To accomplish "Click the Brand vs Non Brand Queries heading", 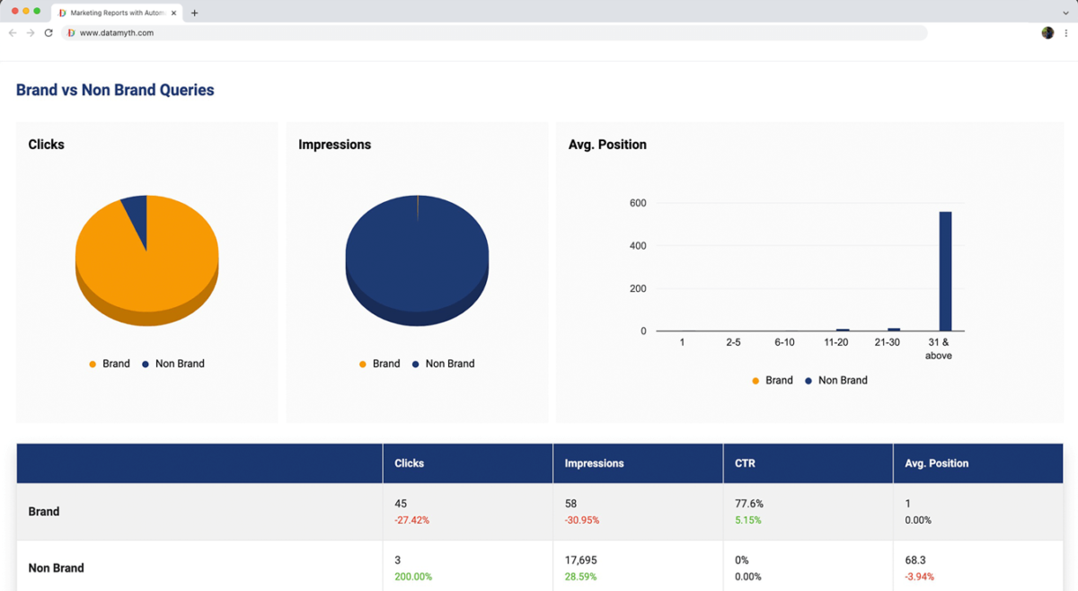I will click(x=115, y=90).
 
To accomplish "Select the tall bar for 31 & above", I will click(x=945, y=271).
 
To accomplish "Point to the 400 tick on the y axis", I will click(x=637, y=246).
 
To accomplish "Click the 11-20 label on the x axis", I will click(x=836, y=342).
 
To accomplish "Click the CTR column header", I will click(x=745, y=463).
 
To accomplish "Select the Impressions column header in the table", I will click(x=594, y=463).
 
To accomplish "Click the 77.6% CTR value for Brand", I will click(x=749, y=504).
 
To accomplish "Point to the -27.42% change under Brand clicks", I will click(x=411, y=520).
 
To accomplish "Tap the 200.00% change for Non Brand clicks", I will click(x=414, y=577).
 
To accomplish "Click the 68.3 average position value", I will click(x=915, y=560).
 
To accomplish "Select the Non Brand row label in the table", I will click(x=56, y=568).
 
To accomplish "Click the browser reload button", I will click(x=49, y=32).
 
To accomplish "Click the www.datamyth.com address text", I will click(x=117, y=33).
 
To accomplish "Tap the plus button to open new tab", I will click(x=194, y=13).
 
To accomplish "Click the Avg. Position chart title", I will click(x=607, y=145).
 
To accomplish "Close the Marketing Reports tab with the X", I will click(x=173, y=13).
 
